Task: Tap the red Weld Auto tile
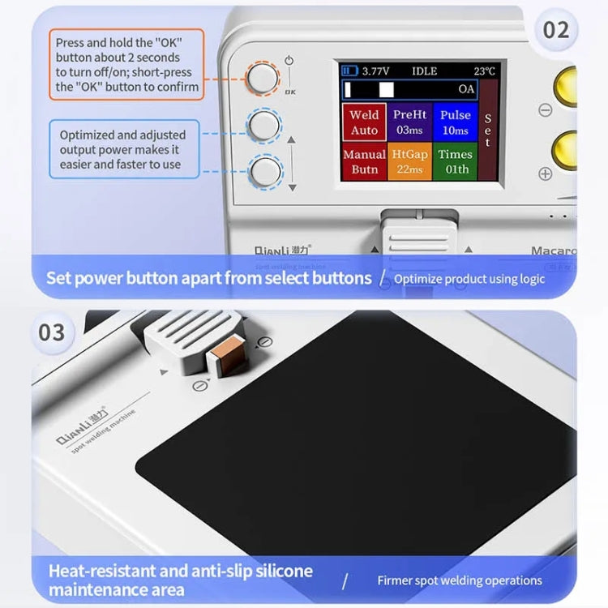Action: tap(364, 122)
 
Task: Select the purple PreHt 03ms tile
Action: tap(409, 122)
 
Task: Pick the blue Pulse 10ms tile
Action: tap(455, 122)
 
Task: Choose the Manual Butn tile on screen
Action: tap(364, 161)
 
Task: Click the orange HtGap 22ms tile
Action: tap(409, 161)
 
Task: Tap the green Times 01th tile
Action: tap(455, 161)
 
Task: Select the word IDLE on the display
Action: tap(424, 71)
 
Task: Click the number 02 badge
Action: tap(555, 30)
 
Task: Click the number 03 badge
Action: tap(51, 332)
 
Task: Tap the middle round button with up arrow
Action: tap(263, 126)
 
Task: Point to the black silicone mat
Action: tap(357, 438)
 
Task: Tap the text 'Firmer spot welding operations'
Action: tap(460, 580)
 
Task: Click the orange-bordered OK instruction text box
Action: tap(127, 64)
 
